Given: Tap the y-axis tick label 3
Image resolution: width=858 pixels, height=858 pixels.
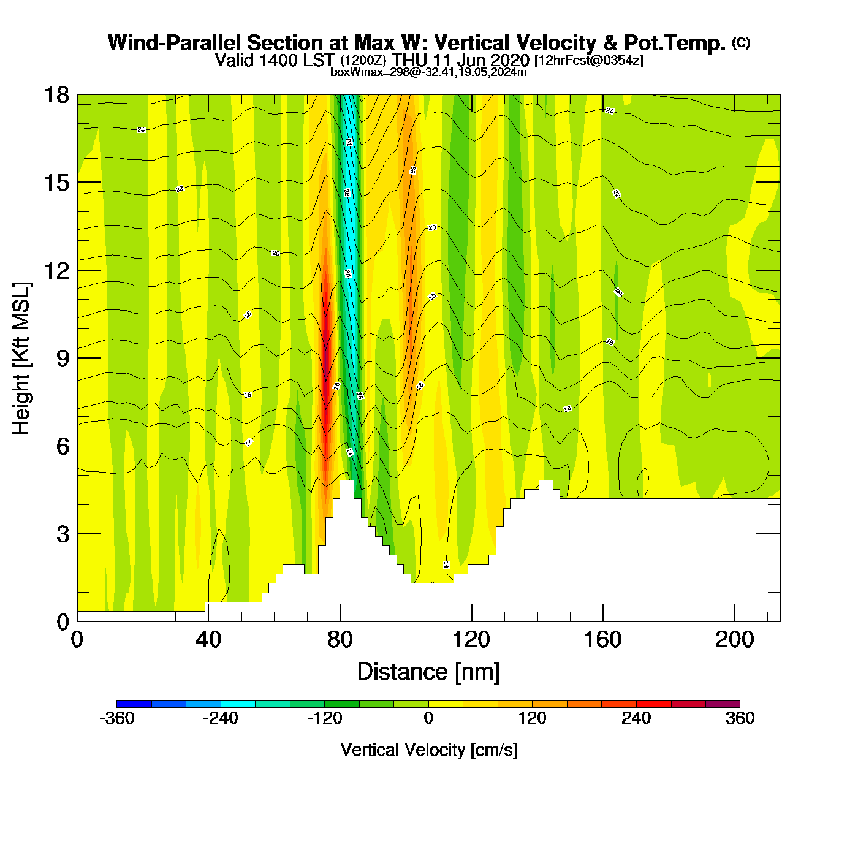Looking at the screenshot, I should [63, 534].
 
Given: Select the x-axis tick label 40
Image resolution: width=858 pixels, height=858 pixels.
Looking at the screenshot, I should [208, 640].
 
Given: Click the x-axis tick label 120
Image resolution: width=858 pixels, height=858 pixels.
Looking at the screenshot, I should [471, 640].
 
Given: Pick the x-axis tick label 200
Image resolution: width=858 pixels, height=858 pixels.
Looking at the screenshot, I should [734, 640].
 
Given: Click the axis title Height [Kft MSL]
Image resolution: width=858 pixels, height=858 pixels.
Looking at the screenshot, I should [21, 359].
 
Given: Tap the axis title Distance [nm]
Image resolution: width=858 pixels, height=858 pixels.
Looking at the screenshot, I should [428, 672].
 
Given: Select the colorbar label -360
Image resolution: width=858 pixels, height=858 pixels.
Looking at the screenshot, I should [116, 718].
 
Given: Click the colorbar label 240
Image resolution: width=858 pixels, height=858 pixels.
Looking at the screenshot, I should [636, 718].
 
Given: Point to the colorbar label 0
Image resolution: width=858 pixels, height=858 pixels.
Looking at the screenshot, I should [428, 718].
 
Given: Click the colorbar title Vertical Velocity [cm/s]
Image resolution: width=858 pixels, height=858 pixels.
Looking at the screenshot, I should [428, 750].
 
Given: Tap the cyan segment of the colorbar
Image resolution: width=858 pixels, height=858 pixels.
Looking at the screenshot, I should [238, 704].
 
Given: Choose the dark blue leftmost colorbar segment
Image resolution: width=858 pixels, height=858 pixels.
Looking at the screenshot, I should [134, 704].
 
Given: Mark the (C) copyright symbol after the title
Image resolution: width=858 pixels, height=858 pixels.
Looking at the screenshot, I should [741, 42].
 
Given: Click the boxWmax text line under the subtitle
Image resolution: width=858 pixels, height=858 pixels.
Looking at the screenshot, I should [428, 72].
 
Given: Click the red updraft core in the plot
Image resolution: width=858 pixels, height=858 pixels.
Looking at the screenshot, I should [325, 355].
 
